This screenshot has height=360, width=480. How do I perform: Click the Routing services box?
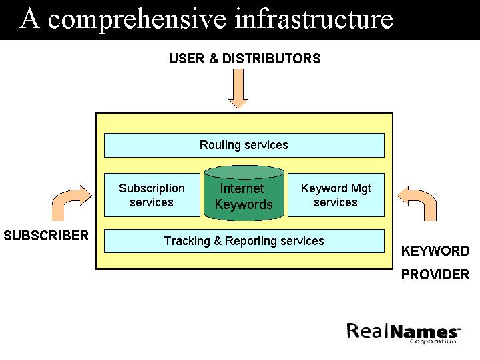(x=244, y=145)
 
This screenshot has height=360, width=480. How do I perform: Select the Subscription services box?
(x=152, y=195)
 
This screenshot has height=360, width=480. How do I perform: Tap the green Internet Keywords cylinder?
(x=244, y=194)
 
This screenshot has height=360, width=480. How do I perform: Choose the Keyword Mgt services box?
(x=336, y=195)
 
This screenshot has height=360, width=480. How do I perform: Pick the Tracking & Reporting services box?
(x=244, y=241)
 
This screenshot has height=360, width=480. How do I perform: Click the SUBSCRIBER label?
(x=46, y=236)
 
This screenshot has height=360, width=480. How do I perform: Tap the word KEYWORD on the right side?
(x=435, y=252)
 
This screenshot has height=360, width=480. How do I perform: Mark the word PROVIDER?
(x=435, y=275)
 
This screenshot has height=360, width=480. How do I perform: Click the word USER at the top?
(x=186, y=59)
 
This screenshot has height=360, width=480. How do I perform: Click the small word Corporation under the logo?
(x=433, y=341)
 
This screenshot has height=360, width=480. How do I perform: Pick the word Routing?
(x=220, y=145)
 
